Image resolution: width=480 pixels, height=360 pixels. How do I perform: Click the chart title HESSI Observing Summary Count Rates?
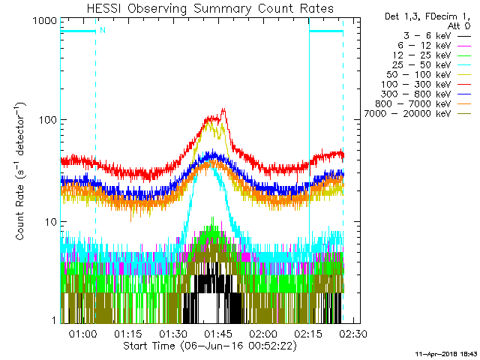pos(210,8)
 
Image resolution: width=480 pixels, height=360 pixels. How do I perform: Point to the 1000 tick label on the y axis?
pos(45,20)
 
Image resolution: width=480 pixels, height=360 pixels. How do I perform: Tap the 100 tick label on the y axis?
pos(48,120)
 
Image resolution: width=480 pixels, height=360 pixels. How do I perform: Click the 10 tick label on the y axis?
pos(51,222)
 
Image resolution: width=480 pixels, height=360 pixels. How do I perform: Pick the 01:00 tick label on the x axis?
pos(82,333)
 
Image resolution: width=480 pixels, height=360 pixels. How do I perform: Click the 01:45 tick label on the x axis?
pos(218,333)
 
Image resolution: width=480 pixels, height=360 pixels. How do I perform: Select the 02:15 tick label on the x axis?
pos(308,333)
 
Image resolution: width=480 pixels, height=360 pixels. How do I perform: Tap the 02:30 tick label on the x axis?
pos(353,333)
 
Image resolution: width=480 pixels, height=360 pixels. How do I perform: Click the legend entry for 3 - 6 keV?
pos(437,36)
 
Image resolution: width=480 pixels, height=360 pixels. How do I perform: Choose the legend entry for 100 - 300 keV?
pos(426,85)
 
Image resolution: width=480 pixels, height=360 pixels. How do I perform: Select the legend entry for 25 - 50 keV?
pos(432,65)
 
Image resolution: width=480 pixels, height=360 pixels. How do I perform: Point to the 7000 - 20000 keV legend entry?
pos(418,114)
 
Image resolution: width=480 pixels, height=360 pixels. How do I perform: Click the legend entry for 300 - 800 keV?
pos(426,94)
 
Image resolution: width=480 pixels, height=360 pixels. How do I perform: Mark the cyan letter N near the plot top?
pos(103,30)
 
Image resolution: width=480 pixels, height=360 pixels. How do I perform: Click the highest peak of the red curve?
pos(223,108)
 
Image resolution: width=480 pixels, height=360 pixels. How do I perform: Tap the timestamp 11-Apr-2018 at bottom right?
pos(447,354)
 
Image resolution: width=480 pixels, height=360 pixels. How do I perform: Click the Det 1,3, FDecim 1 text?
pos(427,16)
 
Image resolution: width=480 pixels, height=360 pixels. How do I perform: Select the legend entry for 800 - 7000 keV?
pos(423,104)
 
